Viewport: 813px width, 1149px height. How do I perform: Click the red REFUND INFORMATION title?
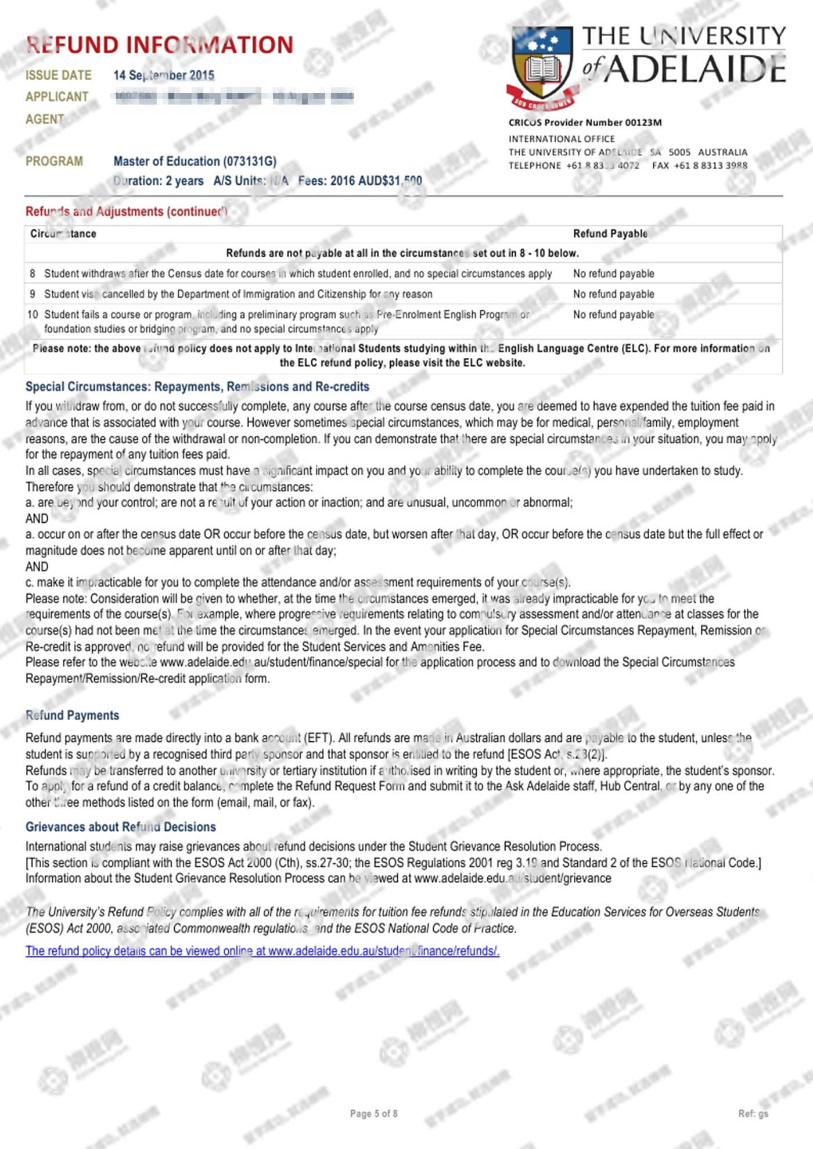(160, 45)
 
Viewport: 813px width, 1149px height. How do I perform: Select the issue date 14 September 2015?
(164, 76)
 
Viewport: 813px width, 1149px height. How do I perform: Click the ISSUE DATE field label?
(59, 76)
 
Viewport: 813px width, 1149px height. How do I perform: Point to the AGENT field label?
(45, 119)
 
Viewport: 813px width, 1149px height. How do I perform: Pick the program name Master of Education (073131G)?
(195, 161)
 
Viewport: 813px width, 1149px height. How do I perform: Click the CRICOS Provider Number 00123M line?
(585, 123)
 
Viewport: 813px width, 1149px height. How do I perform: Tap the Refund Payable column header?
(610, 234)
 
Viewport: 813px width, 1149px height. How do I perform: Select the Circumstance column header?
(63, 234)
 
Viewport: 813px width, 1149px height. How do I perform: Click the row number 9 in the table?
(33, 294)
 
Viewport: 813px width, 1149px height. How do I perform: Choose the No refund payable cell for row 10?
(613, 315)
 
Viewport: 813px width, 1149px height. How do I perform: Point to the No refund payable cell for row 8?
(613, 274)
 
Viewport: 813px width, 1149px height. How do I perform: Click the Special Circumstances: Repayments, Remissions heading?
(197, 387)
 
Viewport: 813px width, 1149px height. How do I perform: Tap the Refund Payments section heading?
(73, 716)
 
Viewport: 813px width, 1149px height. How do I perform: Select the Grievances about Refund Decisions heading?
(121, 827)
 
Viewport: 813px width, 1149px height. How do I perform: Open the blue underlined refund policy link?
(262, 951)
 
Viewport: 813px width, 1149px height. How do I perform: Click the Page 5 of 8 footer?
(373, 1114)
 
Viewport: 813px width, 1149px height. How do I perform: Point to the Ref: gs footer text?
(753, 1114)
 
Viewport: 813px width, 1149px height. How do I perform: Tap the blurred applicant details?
(234, 97)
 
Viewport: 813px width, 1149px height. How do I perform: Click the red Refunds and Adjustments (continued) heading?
(126, 211)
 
